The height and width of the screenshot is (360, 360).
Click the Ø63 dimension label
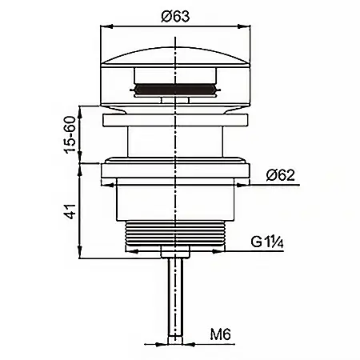point(175,17)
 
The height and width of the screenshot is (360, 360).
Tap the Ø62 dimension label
point(281,175)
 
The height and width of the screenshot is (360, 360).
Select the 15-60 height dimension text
point(70,134)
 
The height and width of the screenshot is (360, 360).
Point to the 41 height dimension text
point(71,211)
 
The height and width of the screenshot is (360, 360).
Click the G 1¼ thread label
point(267,242)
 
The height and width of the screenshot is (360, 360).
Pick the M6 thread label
point(221,334)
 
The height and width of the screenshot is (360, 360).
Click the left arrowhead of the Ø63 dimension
point(106,26)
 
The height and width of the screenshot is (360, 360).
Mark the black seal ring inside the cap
point(175,89)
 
